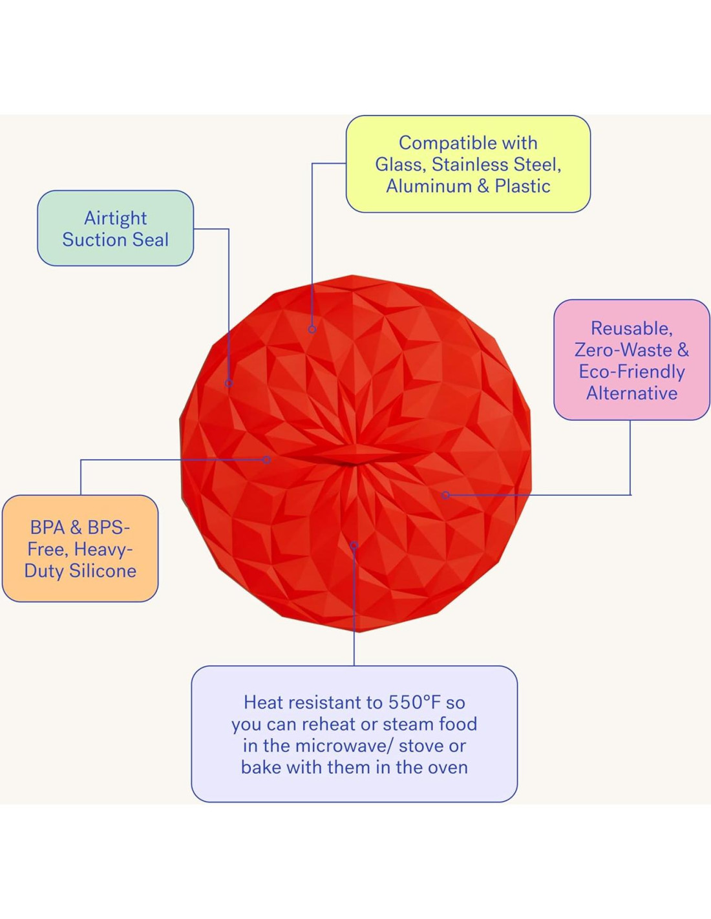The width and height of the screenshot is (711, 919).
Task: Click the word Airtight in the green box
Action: (115, 218)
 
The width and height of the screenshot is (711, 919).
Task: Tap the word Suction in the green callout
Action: (89, 240)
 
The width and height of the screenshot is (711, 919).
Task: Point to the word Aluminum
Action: (429, 186)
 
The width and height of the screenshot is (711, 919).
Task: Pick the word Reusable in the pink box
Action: (631, 328)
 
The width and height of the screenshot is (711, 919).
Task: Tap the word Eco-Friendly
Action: (631, 372)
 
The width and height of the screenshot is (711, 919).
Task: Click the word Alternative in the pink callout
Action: (631, 393)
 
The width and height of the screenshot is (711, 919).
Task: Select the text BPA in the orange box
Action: (47, 527)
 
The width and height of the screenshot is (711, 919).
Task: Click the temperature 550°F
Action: (414, 702)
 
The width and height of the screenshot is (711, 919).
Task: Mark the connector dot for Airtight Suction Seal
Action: (229, 383)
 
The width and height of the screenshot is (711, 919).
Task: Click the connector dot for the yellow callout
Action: (312, 330)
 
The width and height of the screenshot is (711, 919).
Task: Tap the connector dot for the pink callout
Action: (445, 495)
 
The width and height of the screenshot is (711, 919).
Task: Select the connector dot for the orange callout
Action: (266, 459)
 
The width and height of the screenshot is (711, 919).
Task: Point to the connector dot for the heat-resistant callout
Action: (354, 545)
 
